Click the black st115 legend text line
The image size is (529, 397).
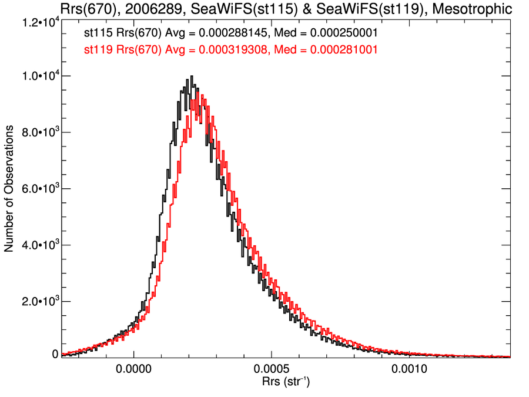227,33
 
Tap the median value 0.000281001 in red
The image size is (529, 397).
336,51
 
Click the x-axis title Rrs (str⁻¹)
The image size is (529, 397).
286,382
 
